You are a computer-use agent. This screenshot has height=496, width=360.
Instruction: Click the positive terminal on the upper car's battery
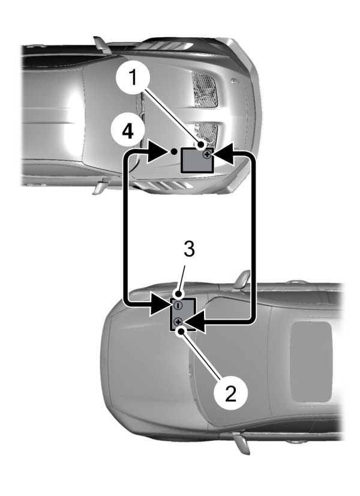coord(207,154)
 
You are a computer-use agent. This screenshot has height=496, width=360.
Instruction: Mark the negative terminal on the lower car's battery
coord(178,305)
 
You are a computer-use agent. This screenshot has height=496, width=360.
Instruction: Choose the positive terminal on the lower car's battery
coord(179,323)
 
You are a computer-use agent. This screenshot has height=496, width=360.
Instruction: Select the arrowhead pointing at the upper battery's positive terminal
coord(224,155)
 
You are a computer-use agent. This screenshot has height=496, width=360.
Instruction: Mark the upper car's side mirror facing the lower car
coord(98,186)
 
